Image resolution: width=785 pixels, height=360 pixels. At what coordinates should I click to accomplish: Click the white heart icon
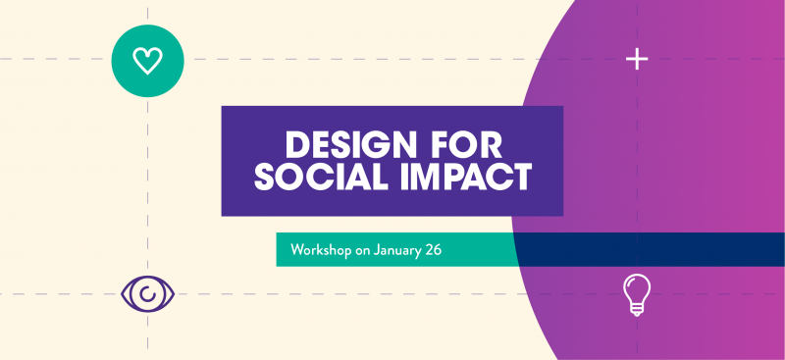[x=147, y=61]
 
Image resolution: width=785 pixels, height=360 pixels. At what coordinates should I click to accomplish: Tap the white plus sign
[x=637, y=60]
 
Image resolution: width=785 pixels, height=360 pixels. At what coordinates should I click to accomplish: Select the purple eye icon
[x=148, y=292]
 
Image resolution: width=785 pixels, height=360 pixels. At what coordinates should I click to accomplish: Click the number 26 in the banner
[x=433, y=250]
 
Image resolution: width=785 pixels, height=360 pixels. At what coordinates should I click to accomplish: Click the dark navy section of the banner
[x=648, y=250]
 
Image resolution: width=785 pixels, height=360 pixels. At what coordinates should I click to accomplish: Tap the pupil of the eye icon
[x=148, y=293]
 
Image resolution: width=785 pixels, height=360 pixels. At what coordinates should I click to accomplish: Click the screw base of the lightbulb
[x=637, y=310]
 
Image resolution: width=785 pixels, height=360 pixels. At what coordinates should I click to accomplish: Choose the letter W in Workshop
[x=297, y=250]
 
